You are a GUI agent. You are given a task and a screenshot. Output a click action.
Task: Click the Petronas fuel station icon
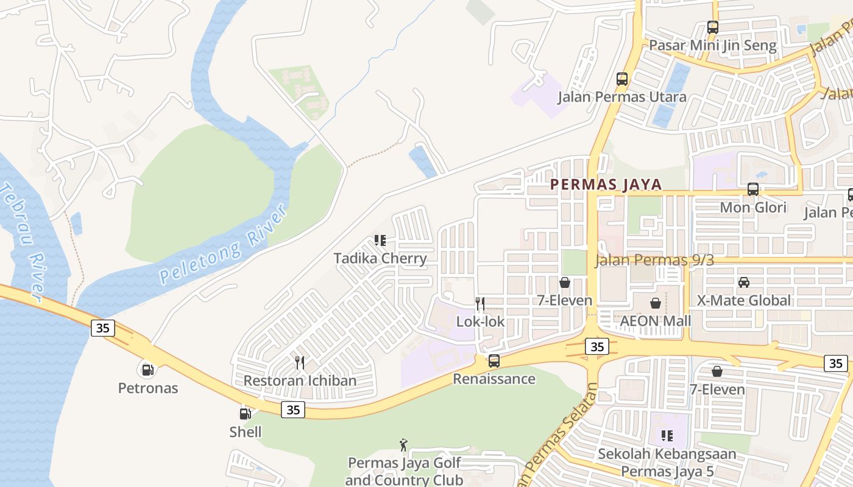pyautogui.click(x=147, y=369)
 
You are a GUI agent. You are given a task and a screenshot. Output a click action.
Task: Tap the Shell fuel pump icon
pyautogui.click(x=245, y=414)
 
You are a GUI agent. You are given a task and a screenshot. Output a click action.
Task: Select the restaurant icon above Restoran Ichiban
pyautogui.click(x=299, y=363)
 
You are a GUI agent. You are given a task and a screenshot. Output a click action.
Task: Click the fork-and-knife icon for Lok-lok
pyautogui.click(x=480, y=303)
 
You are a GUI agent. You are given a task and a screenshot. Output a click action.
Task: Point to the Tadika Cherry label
pyautogui.click(x=380, y=258)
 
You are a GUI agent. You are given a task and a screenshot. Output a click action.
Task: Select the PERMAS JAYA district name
pyautogui.click(x=606, y=185)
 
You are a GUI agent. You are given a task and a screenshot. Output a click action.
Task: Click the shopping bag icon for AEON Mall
pyautogui.click(x=656, y=303)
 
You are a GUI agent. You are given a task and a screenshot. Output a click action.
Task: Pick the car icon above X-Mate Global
pyautogui.click(x=744, y=282)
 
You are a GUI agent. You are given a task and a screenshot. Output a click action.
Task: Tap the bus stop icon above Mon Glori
pyautogui.click(x=753, y=189)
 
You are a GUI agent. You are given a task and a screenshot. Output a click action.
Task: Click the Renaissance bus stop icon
pyautogui.click(x=494, y=361)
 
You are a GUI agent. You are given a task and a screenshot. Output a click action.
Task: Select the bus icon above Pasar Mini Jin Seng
pyautogui.click(x=713, y=27)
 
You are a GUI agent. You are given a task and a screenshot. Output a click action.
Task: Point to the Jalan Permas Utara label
pyautogui.click(x=622, y=97)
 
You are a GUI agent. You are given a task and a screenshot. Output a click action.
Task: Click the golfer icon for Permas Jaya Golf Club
pyautogui.click(x=403, y=445)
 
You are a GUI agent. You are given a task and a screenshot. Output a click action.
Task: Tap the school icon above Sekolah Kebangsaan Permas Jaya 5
pyautogui.click(x=667, y=436)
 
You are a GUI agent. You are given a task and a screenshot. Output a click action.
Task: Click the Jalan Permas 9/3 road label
pyautogui.click(x=654, y=261)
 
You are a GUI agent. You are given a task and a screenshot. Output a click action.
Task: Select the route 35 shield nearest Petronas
pyautogui.click(x=103, y=328)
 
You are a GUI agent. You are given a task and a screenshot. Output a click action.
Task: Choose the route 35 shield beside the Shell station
pyautogui.click(x=293, y=410)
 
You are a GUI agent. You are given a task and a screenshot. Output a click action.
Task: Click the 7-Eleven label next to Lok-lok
pyautogui.click(x=564, y=300)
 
